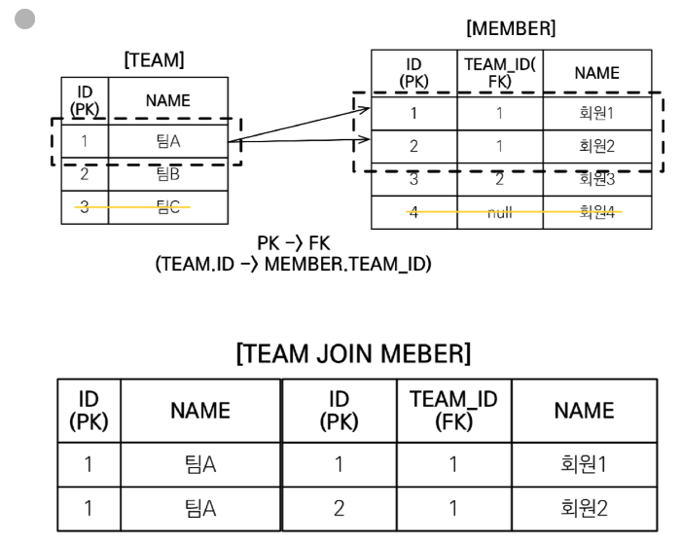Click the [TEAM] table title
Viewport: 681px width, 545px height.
click(154, 60)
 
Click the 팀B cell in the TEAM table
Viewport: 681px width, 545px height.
click(167, 175)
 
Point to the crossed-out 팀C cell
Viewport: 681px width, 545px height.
click(167, 207)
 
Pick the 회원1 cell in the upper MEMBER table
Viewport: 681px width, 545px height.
click(596, 114)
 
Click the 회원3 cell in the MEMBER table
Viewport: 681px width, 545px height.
click(596, 178)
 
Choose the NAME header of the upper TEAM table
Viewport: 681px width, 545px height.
click(167, 99)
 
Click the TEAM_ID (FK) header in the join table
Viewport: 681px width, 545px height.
click(453, 410)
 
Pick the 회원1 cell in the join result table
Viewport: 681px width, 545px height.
click(583, 463)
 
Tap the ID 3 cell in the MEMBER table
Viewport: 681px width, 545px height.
click(413, 178)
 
